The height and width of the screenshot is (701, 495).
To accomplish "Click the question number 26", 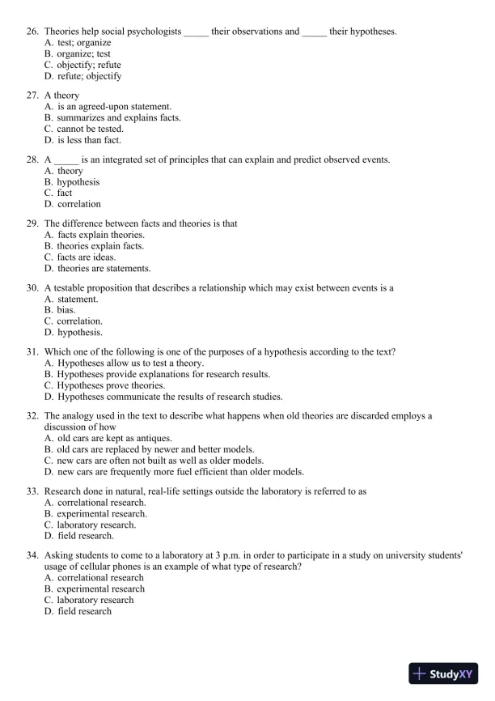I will [32, 32].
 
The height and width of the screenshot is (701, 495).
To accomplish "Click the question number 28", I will [32, 159].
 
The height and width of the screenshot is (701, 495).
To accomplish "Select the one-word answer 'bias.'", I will [66, 310].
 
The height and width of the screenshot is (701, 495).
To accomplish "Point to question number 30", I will [32, 287].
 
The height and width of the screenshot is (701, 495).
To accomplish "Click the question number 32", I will [32, 415].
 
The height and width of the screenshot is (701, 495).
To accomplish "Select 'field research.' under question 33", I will [86, 536].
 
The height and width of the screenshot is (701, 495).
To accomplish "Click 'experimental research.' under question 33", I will [102, 513].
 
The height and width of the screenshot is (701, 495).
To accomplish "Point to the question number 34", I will [32, 554].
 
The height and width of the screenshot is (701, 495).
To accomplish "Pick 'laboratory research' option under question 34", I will [95, 600].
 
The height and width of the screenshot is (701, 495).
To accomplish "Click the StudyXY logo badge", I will [444, 673].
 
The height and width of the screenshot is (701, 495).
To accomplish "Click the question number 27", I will [32, 96].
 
